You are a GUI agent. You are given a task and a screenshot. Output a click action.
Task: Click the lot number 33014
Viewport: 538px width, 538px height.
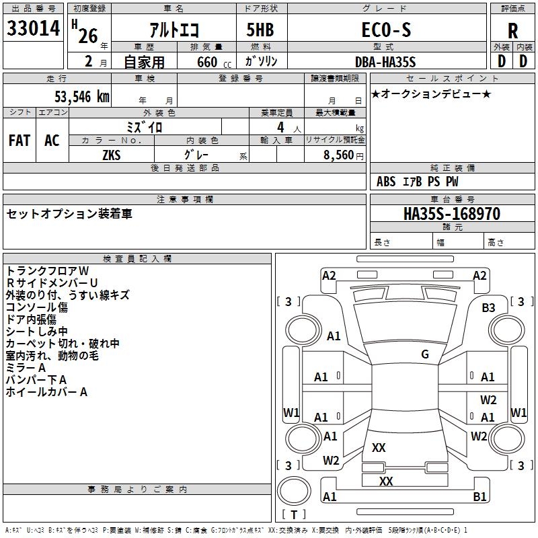pyautogui.click(x=33, y=28)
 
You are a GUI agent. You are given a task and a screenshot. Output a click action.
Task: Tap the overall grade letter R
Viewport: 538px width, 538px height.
pyautogui.click(x=512, y=31)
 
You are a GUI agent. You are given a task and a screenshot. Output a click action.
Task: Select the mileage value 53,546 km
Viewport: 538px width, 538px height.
pyautogui.click(x=82, y=97)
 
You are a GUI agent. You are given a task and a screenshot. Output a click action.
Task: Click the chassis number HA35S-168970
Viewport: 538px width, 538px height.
pyautogui.click(x=452, y=214)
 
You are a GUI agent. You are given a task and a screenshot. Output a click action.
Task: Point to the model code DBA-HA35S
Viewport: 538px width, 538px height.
pyautogui.click(x=385, y=62)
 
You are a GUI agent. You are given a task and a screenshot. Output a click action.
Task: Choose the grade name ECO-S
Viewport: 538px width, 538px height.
pyautogui.click(x=386, y=30)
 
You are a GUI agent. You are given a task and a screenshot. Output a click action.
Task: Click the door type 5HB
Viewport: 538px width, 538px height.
pyautogui.click(x=260, y=30)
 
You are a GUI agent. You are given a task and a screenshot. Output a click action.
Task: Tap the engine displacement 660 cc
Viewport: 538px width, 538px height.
pyautogui.click(x=214, y=62)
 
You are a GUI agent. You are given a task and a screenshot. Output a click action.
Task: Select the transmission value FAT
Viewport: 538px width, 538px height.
pyautogui.click(x=20, y=141)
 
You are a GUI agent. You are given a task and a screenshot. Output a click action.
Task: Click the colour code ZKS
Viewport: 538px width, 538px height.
pyautogui.click(x=112, y=155)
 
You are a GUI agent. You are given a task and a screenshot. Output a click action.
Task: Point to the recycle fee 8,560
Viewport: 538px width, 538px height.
pyautogui.click(x=339, y=155)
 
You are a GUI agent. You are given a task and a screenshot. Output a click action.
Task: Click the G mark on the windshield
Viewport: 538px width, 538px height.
pyautogui.click(x=425, y=354)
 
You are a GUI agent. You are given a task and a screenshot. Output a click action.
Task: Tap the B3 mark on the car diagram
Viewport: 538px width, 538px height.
pyautogui.click(x=488, y=307)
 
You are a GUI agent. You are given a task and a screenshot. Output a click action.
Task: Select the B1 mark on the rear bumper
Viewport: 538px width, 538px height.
pyautogui.click(x=479, y=496)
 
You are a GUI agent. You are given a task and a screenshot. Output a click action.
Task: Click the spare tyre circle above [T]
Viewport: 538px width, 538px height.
pyautogui.click(x=294, y=490)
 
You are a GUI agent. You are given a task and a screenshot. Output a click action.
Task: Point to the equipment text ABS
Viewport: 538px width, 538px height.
pyautogui.click(x=386, y=182)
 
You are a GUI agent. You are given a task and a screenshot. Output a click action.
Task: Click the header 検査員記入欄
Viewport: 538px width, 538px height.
pyautogui.click(x=137, y=259)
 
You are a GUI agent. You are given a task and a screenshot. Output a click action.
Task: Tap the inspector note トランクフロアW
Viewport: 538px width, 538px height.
pyautogui.click(x=47, y=271)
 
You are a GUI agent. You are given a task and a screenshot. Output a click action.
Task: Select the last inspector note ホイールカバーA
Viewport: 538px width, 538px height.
pyautogui.click(x=46, y=392)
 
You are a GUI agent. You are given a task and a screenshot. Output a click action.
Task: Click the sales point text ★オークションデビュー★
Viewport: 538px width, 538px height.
pyautogui.click(x=431, y=94)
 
